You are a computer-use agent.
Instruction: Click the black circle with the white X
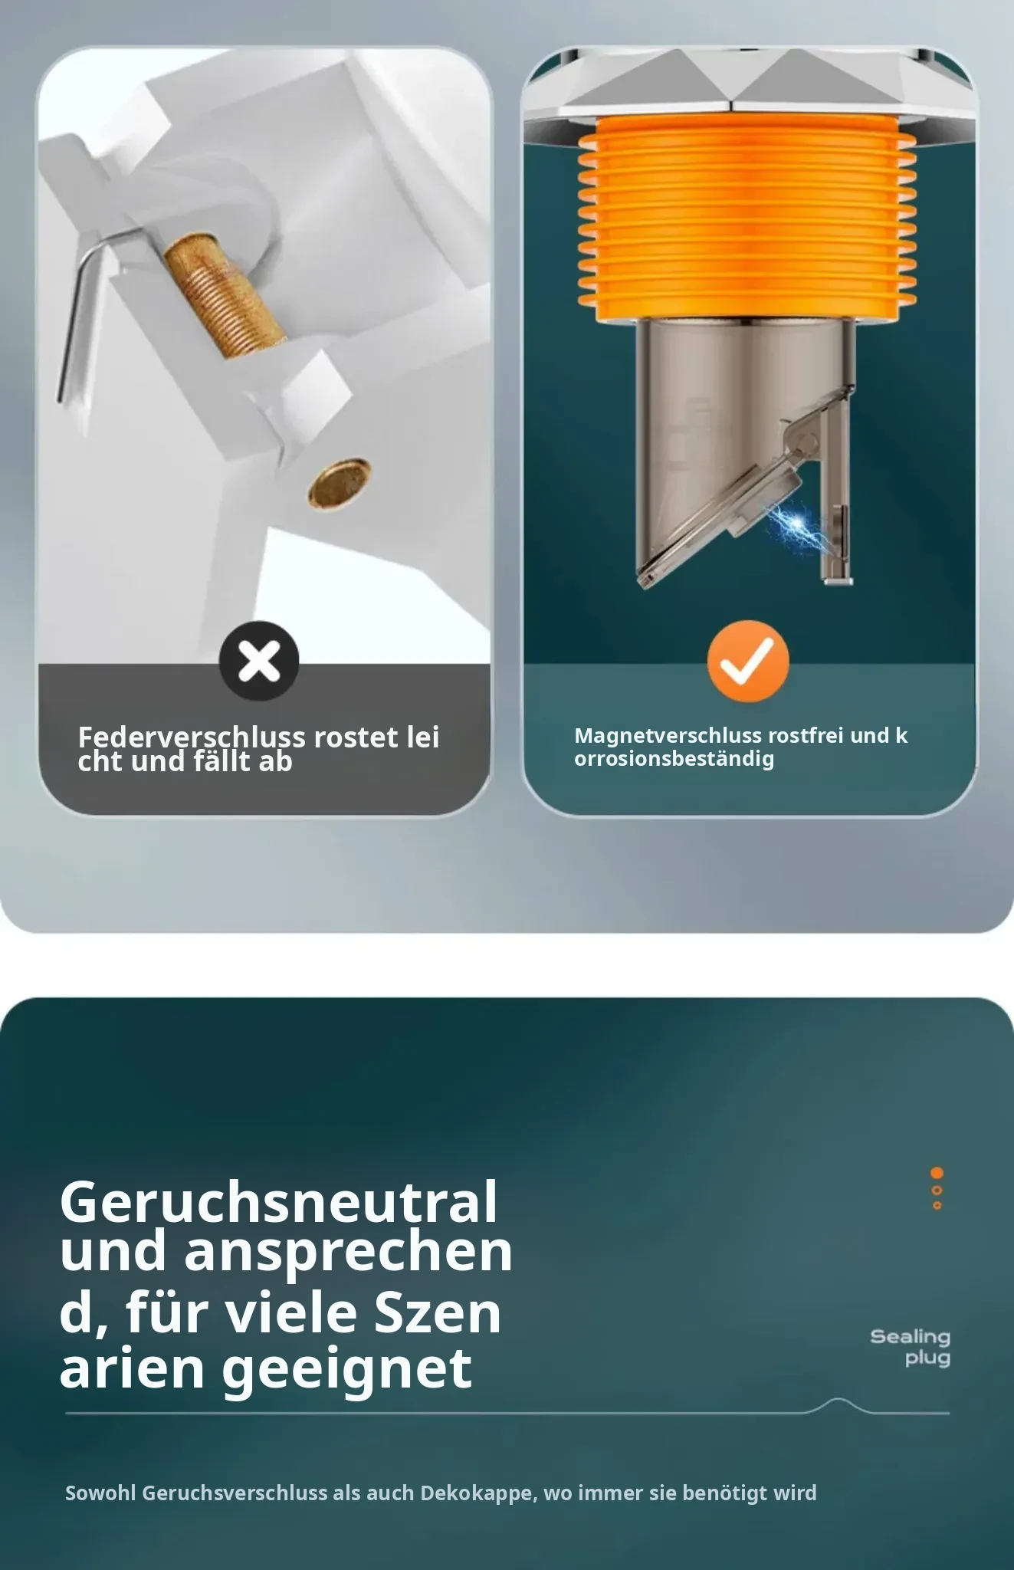(259, 661)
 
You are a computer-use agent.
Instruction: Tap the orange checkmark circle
(748, 661)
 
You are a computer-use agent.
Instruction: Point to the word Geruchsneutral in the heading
(279, 1201)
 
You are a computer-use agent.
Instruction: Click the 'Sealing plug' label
(911, 1347)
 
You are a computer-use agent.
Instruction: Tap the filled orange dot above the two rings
(937, 1173)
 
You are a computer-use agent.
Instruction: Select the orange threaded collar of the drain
(747, 218)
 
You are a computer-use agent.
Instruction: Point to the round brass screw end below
(340, 482)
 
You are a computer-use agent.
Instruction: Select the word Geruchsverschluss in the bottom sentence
(235, 1493)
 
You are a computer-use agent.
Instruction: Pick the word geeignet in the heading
(347, 1368)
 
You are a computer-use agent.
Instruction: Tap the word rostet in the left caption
(356, 737)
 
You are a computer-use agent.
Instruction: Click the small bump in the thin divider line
(840, 1404)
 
